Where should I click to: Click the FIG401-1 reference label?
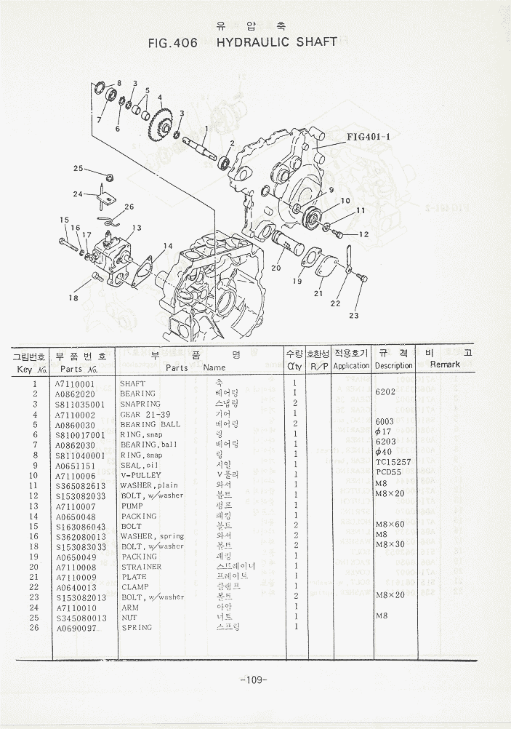[369, 136]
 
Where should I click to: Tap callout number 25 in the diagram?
[79, 169]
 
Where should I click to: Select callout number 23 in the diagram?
[354, 315]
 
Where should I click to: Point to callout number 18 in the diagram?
[73, 297]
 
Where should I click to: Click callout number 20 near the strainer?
[276, 268]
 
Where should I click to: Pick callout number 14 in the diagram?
[168, 246]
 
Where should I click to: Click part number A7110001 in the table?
[75, 383]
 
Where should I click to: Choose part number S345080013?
[81, 618]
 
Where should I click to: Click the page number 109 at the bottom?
[254, 680]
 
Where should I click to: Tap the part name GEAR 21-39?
[147, 414]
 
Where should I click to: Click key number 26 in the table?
[34, 628]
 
